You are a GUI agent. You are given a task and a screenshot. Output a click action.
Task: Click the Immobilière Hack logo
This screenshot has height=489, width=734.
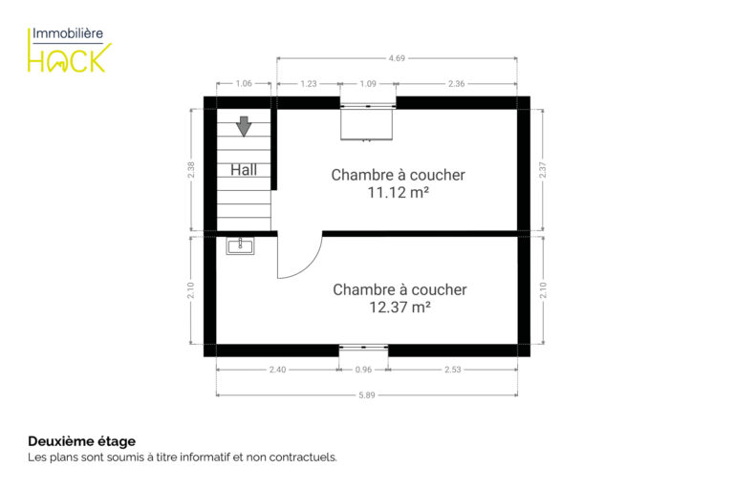[x=69, y=51]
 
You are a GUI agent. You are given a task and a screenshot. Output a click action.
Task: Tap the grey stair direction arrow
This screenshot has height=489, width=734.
[x=244, y=126]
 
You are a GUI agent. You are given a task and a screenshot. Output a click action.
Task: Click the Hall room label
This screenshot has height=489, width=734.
[x=244, y=169]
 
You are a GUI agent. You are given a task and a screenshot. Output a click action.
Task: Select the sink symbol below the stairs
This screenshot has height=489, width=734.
[x=240, y=245]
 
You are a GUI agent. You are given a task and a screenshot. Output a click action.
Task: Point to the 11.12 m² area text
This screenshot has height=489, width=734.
[x=398, y=192]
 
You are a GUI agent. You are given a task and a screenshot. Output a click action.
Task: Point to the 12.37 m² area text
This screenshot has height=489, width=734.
[x=399, y=307]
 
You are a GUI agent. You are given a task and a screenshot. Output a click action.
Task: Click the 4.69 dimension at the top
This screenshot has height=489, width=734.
[x=397, y=58]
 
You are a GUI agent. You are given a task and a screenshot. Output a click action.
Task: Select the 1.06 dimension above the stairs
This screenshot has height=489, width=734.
[x=244, y=83]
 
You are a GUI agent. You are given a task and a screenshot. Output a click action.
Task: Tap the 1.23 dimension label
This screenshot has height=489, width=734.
[x=309, y=84]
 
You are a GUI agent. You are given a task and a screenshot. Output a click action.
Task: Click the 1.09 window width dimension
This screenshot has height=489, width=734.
[x=368, y=84]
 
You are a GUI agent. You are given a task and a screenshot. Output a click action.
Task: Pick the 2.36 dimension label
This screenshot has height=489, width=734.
[x=457, y=84]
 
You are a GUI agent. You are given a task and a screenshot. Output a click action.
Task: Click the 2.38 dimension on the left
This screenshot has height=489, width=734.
[x=191, y=170]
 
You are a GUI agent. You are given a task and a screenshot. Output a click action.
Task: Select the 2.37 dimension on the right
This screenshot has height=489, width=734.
[x=543, y=170]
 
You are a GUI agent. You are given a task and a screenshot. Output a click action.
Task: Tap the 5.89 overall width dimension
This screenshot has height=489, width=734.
[x=367, y=395]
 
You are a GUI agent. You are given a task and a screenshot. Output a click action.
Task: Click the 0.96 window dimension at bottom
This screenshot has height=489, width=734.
[x=363, y=370]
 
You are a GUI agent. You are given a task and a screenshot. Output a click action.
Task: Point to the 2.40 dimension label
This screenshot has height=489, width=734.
[x=277, y=370]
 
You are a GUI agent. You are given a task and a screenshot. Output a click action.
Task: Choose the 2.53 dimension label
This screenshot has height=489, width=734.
[x=453, y=370]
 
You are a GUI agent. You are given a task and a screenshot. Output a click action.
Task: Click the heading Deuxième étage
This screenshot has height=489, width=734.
[x=82, y=441]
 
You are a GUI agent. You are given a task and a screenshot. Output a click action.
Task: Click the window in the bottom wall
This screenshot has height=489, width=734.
[x=364, y=348]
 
